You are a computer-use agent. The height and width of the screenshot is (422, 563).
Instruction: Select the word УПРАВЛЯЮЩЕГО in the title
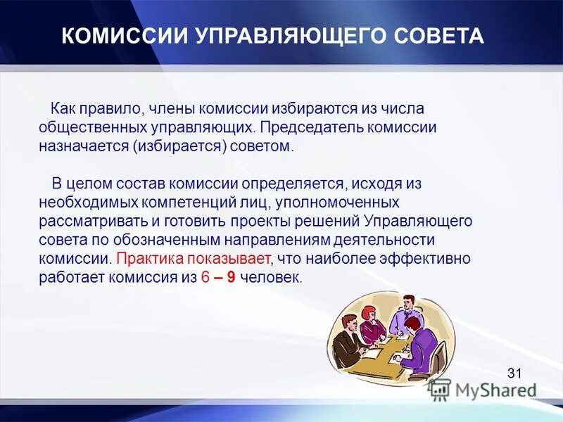(283, 36)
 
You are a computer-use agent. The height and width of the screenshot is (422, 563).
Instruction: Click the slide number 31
(514, 373)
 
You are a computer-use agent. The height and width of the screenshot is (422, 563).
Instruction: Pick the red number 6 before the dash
(205, 277)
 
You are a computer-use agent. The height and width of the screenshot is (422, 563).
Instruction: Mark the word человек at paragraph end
(270, 277)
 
